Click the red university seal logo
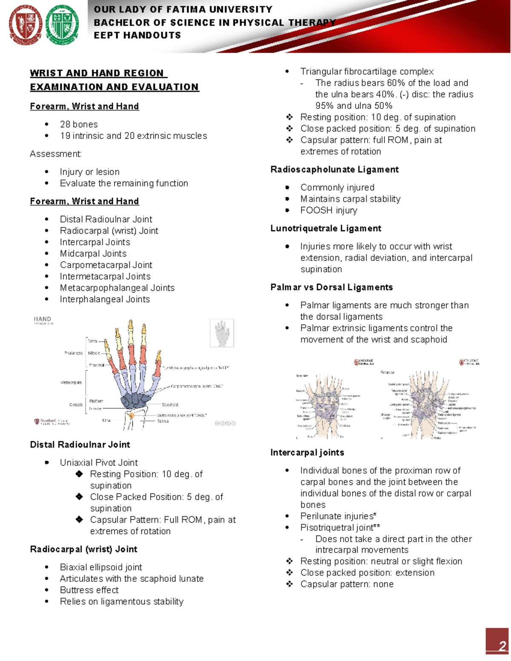26,25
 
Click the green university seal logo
62,25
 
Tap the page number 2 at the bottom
502,646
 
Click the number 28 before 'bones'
65,124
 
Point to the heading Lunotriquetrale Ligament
326,229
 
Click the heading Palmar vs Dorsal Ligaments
331,287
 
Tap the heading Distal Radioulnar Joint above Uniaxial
80,445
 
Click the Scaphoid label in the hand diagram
170,405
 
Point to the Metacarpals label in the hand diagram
71,383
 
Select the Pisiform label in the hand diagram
96,401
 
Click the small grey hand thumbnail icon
222,333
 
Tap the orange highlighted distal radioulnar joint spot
132,415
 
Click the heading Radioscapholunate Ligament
334,170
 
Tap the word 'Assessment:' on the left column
56,154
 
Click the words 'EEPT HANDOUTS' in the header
137,35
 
